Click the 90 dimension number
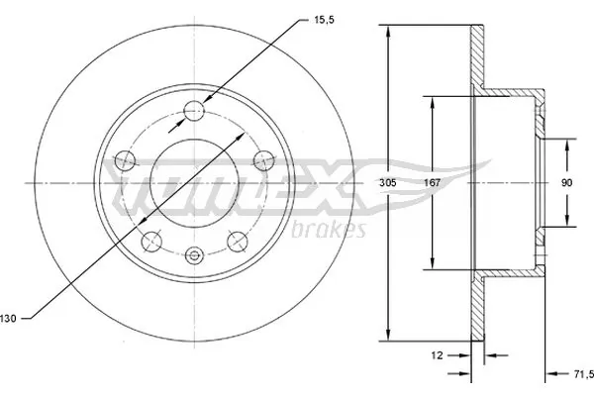566,182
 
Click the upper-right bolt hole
265,158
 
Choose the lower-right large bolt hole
238,240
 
